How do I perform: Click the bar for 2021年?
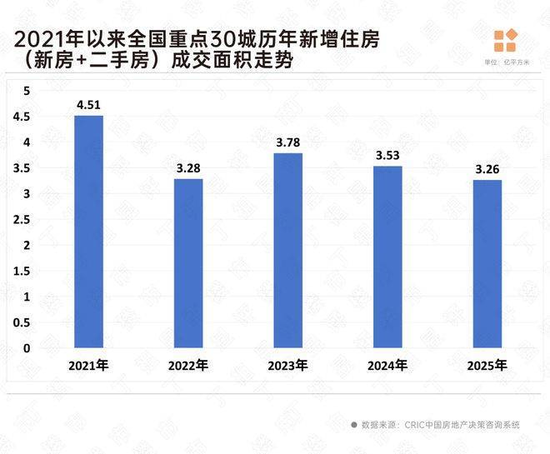click(88, 232)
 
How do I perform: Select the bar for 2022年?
click(188, 263)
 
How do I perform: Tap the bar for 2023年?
click(288, 250)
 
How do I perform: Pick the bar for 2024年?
click(387, 257)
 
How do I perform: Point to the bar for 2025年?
click(487, 263)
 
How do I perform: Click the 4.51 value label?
click(88, 105)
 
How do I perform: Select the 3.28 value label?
click(188, 169)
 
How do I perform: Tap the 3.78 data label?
click(288, 143)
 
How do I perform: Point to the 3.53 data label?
click(387, 156)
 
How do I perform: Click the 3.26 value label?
click(487, 170)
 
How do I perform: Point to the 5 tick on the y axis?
click(26, 90)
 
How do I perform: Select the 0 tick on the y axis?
click(26, 348)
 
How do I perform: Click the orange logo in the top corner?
click(505, 41)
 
